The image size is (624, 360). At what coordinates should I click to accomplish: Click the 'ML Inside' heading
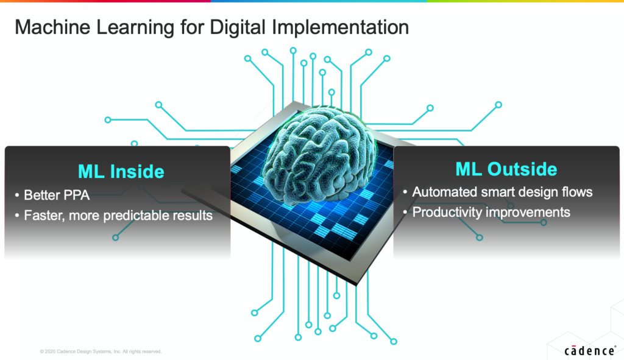(121, 172)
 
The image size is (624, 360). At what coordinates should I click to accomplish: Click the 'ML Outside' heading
(506, 168)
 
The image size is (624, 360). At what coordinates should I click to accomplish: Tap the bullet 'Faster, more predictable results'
(118, 215)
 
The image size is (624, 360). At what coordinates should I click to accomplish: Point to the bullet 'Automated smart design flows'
(502, 192)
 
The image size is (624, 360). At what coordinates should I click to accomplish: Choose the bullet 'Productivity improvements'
(491, 212)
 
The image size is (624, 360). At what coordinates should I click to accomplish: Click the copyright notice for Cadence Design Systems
(101, 351)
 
